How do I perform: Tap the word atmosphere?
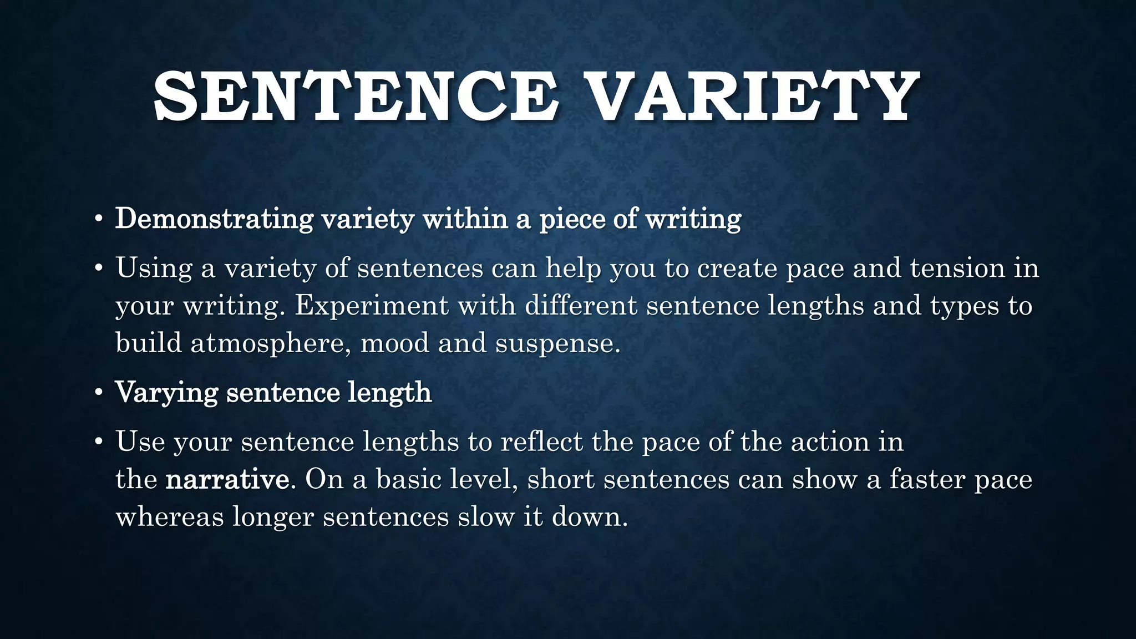tap(271, 343)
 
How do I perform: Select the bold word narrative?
tap(227, 479)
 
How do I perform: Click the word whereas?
tap(170, 517)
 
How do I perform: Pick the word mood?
tap(395, 343)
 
